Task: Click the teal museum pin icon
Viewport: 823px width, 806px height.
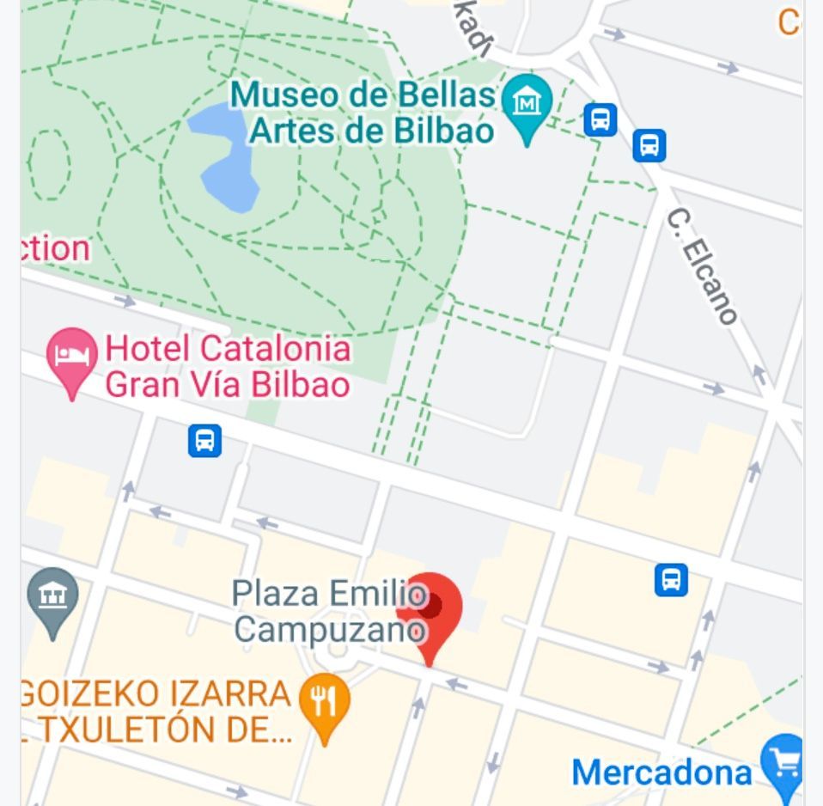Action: [x=527, y=104]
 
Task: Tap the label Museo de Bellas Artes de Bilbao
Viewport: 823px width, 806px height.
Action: [x=363, y=113]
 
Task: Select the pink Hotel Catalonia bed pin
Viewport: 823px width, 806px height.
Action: [x=71, y=357]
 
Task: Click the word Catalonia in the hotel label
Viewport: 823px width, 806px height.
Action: [x=275, y=350]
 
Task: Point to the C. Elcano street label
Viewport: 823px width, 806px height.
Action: [x=702, y=266]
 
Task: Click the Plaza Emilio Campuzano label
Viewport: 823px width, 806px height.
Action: [x=330, y=611]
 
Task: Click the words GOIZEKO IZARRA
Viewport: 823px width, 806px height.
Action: [x=155, y=693]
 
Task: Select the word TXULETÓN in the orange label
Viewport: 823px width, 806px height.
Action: [x=128, y=730]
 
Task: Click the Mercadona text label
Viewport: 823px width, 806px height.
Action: [x=661, y=772]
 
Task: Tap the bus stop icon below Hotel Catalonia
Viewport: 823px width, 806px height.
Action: [x=204, y=441]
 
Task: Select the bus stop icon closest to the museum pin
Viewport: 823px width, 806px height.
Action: [x=600, y=119]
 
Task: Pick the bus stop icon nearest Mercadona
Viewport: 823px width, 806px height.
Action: [x=671, y=579]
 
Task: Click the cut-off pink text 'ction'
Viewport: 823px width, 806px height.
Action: [x=55, y=248]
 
